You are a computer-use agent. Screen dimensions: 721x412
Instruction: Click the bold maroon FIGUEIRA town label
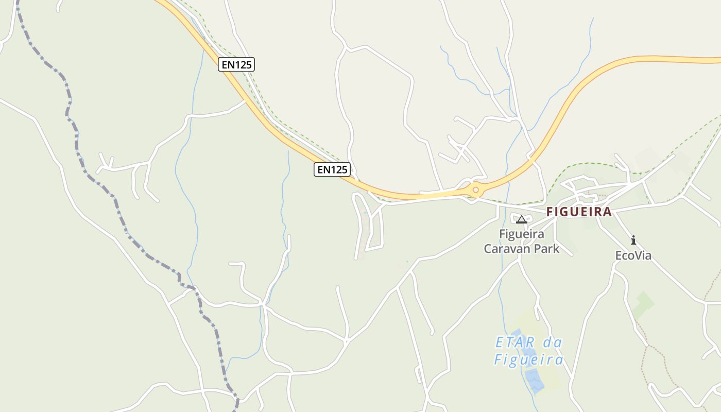579,212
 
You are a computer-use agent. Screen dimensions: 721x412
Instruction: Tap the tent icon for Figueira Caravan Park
521,220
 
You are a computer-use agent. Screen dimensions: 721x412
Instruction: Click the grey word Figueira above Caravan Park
521,234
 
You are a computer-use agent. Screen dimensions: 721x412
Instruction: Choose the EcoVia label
633,255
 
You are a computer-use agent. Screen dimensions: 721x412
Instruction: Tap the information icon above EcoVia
633,240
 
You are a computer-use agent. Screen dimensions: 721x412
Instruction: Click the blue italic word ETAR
513,342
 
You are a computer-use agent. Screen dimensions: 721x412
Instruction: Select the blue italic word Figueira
528,359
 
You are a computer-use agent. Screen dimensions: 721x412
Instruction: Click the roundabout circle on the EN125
475,190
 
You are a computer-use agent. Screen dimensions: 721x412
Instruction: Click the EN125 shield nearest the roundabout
332,169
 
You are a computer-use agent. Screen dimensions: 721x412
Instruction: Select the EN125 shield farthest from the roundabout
236,64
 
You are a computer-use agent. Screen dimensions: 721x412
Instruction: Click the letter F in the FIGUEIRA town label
550,212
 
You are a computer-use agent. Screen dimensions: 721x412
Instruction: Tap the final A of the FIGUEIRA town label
608,212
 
